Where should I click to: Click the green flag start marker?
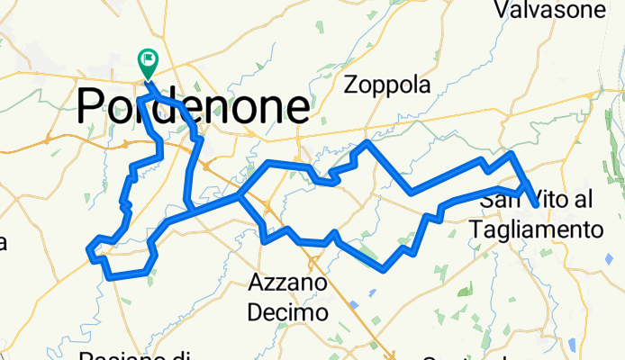147,61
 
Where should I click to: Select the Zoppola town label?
388,85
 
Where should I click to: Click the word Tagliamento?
536,229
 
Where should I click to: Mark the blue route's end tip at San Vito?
537,206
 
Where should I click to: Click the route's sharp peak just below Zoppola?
367,142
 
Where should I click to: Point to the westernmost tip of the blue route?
88,249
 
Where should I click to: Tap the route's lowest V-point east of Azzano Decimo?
385,268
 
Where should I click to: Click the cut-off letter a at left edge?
3,243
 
